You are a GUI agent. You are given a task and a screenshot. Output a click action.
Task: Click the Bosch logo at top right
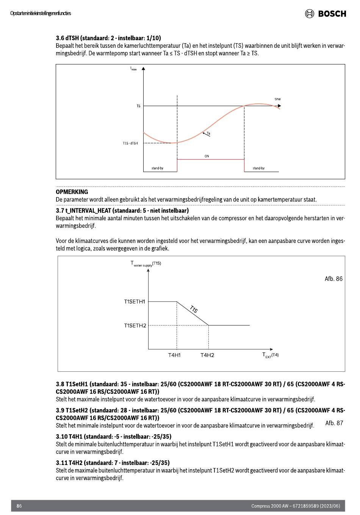tap(326, 14)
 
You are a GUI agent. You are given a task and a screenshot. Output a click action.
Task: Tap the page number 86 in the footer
tap(19, 506)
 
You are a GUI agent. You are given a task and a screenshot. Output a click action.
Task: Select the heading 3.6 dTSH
tap(108, 38)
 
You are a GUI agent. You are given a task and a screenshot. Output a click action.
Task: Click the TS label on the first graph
tap(138, 106)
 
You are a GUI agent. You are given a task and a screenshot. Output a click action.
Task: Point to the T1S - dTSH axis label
tap(130, 143)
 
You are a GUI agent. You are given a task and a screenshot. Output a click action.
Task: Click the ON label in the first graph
tap(207, 156)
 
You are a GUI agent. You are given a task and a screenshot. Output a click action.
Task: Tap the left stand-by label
tap(157, 168)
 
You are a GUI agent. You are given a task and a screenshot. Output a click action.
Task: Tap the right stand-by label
tap(258, 168)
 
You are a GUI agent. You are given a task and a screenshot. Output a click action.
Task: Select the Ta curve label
tap(208, 134)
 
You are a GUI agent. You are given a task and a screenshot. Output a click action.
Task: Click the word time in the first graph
tap(278, 99)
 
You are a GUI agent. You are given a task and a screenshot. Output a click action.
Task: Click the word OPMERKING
tap(72, 192)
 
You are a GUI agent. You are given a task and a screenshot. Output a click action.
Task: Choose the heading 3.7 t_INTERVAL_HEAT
tap(122, 210)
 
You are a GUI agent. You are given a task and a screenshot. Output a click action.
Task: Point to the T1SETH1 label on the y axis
tap(135, 302)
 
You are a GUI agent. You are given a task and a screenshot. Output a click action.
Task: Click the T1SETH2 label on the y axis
tap(135, 326)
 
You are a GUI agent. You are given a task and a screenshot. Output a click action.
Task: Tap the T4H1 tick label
tap(174, 355)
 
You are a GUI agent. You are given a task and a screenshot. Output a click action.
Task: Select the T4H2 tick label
tap(207, 355)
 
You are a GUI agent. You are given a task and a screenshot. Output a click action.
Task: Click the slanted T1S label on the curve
tap(194, 309)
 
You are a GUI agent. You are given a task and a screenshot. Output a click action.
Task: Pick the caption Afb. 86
tap(333, 279)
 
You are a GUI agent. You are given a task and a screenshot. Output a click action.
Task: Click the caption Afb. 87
tap(334, 423)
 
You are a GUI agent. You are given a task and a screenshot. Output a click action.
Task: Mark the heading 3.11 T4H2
tap(113, 463)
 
